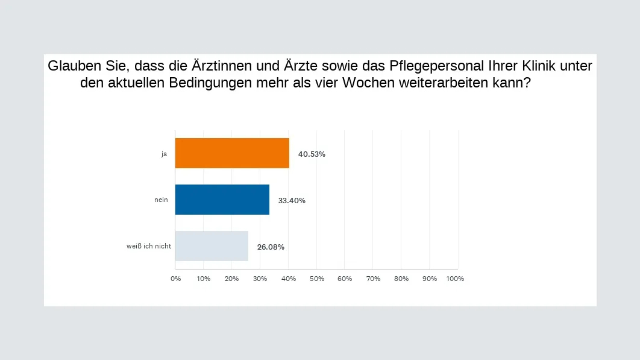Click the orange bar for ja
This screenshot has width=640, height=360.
pos(232,153)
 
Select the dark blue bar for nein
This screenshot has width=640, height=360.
pos(222,200)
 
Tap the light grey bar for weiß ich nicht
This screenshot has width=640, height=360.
pos(212,246)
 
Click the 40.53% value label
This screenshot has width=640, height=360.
pos(312,154)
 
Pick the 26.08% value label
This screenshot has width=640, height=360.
pos(271,247)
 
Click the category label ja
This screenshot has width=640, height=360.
pos(164,154)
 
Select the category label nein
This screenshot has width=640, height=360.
pos(161,200)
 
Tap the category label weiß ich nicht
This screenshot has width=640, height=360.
pos(149,246)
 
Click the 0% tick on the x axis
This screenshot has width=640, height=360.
pos(175,279)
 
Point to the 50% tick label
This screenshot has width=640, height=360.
pos(316,279)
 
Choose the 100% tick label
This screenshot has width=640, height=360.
pos(455,279)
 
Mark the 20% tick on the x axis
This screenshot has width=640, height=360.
pos(231,279)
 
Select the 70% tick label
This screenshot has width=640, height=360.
pos(373,279)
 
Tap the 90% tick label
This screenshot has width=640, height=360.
pos(430,279)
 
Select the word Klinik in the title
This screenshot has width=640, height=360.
pos(533,66)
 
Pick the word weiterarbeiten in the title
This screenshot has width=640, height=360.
pos(445,83)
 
